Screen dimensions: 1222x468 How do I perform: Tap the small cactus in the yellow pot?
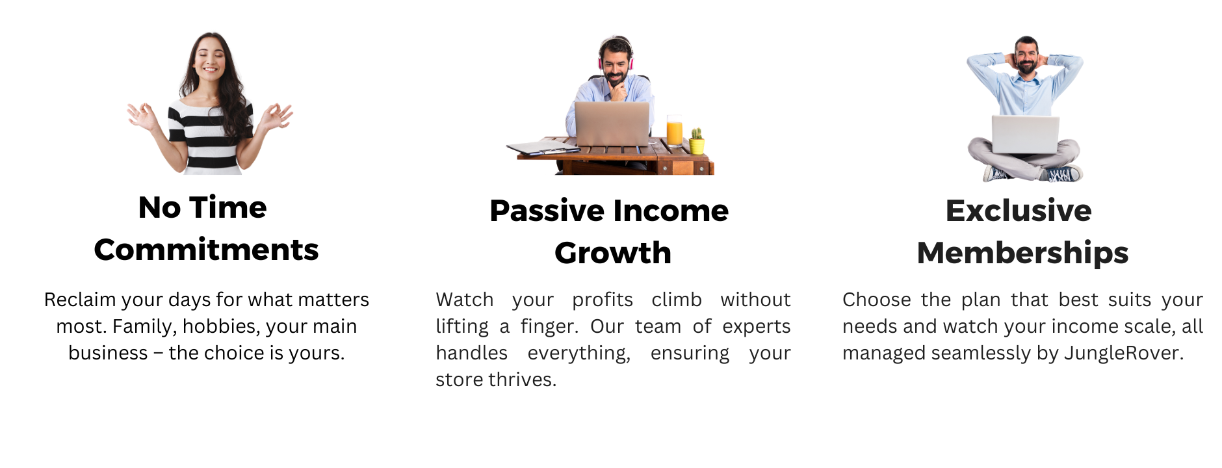pyautogui.click(x=697, y=140)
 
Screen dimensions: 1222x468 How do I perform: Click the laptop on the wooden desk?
pyautogui.click(x=612, y=123)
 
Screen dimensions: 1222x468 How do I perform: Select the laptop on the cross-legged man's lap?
pyautogui.click(x=1025, y=135)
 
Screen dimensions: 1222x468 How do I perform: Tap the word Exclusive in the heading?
pyautogui.click(x=1019, y=211)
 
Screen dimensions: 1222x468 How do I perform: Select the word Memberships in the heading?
pyautogui.click(x=1022, y=253)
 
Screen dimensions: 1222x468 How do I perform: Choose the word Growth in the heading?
pyautogui.click(x=613, y=253)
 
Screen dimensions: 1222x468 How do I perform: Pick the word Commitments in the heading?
pyautogui.click(x=206, y=250)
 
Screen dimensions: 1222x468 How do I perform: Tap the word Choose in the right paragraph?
pyautogui.click(x=877, y=300)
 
